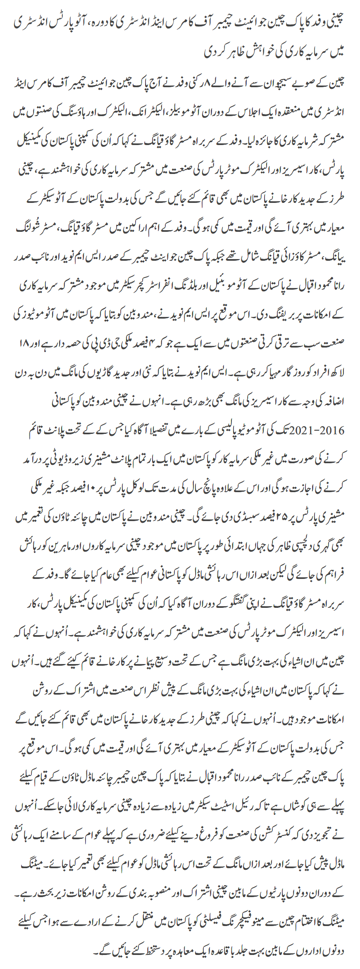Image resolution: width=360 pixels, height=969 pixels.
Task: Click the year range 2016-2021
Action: pos(322,431)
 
